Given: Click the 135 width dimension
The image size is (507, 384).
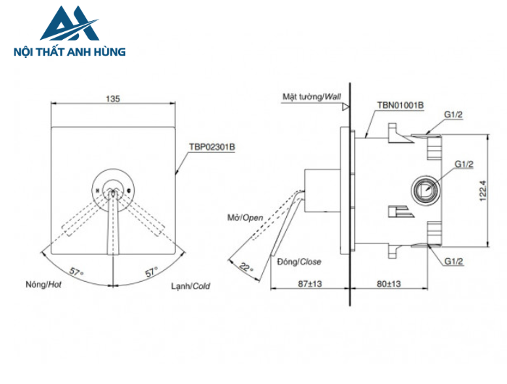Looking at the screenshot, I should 112,98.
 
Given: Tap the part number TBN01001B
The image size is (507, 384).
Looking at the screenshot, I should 400,105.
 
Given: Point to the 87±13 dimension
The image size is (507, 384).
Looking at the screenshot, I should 309,285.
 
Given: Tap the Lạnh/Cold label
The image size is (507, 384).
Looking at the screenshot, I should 190,286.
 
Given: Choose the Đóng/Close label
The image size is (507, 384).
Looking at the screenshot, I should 299,262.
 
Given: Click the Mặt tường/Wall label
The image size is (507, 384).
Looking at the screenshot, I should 311,96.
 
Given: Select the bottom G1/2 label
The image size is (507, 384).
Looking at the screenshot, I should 454,262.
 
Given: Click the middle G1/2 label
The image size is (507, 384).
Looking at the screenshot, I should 464,165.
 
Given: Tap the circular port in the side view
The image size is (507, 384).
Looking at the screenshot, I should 424,191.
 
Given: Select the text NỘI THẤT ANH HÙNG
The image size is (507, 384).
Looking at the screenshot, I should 70,52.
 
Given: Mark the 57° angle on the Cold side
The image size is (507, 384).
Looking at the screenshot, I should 151,272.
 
